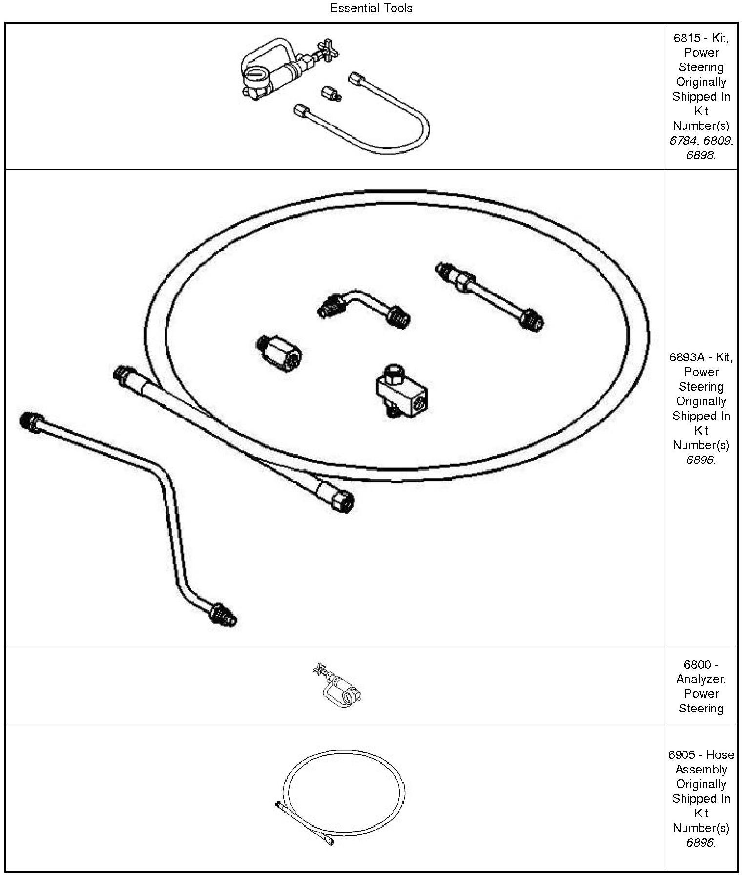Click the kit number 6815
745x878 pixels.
(686, 38)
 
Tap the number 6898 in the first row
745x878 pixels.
(700, 155)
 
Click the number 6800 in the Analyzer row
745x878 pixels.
(697, 665)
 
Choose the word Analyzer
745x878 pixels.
(701, 679)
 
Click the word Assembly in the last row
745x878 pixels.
(701, 769)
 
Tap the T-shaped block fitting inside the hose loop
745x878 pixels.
(401, 391)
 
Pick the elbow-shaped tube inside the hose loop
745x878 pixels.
(363, 307)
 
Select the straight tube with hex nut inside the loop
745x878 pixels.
(490, 295)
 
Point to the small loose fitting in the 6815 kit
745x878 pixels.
(330, 93)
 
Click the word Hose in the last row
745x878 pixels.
(720, 754)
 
